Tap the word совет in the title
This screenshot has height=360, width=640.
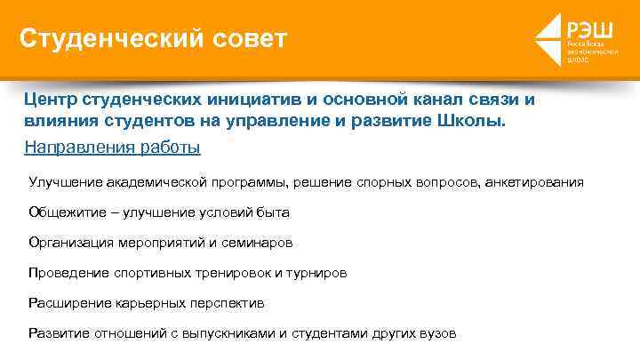click(249, 39)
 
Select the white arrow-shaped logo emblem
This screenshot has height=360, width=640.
click(548, 40)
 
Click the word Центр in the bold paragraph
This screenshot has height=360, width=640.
click(52, 100)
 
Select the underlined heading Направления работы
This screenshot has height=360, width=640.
click(112, 146)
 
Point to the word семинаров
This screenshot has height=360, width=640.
click(261, 243)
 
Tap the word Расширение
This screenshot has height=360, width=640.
click(69, 303)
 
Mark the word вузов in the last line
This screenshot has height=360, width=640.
click(437, 333)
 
